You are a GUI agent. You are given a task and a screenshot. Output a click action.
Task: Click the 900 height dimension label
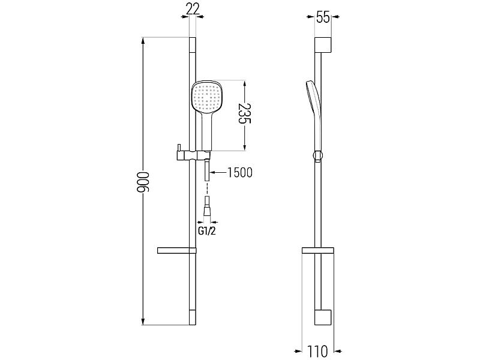tap(143, 182)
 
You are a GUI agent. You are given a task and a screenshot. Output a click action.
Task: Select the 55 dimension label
tap(323, 17)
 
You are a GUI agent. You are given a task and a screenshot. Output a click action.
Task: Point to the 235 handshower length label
tap(245, 113)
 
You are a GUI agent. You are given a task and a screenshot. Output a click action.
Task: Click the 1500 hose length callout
tap(240, 173)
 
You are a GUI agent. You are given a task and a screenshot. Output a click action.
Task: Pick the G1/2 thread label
tap(207, 231)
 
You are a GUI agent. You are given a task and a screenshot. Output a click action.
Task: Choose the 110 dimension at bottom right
tap(317, 351)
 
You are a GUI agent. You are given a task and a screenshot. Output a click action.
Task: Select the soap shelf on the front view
tap(176, 250)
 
